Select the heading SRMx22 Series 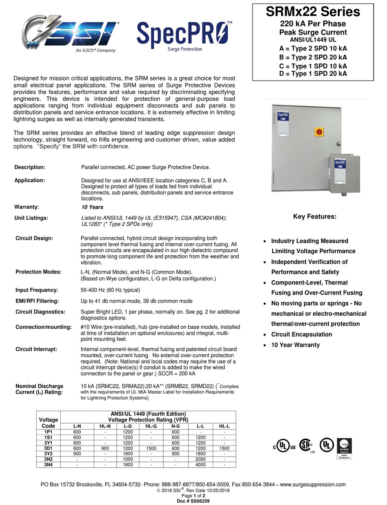[x=313, y=12]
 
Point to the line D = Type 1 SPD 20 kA [x=313, y=74]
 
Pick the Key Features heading [x=314, y=216]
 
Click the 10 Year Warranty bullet [x=295, y=345]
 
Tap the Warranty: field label [x=26, y=207]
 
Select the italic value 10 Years [x=92, y=207]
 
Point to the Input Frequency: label [x=37, y=290]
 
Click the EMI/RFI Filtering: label [x=37, y=301]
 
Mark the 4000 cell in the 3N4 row [x=200, y=464]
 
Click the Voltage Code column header [x=48, y=422]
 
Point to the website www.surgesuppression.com [x=313, y=484]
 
